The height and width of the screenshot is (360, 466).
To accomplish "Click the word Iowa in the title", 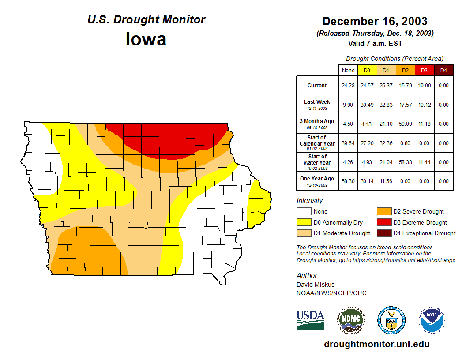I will (x=146, y=39).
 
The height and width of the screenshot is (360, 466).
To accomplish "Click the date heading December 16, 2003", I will (x=375, y=21).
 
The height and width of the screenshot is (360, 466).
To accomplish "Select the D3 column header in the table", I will (x=424, y=70).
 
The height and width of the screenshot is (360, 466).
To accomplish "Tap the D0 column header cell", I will (x=367, y=70).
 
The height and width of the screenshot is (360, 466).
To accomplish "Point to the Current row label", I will (x=317, y=86).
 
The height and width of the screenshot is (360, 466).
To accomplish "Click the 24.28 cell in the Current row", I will (x=348, y=86).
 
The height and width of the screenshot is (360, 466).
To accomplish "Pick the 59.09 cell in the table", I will (x=405, y=124).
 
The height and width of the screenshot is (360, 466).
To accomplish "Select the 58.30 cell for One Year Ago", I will (x=348, y=181).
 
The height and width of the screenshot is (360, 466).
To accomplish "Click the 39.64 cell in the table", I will (x=348, y=143).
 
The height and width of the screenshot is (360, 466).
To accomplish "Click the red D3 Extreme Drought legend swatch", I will (x=384, y=222).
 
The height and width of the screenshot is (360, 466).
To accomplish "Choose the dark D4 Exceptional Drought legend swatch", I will (x=384, y=233).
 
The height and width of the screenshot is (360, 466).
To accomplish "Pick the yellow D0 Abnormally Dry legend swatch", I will (x=304, y=222).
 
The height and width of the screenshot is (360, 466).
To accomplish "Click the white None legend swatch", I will (x=304, y=212).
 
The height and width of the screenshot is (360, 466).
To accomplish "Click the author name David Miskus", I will (x=315, y=285).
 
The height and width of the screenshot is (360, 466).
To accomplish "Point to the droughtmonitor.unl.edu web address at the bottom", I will (x=376, y=344).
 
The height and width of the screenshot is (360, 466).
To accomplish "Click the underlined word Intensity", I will (x=310, y=201).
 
